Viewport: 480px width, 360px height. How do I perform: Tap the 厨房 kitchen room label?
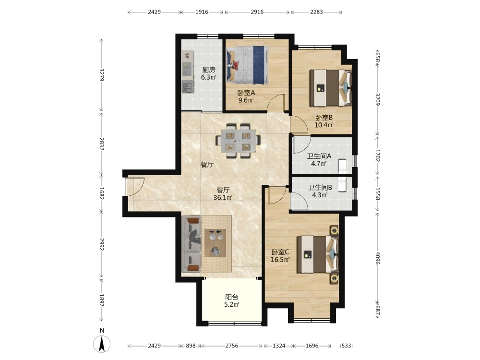click(209, 70)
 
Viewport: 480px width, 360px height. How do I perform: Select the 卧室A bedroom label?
click(246, 93)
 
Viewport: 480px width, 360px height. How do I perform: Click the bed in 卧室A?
click(248, 65)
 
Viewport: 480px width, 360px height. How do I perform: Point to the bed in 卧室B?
click(330, 88)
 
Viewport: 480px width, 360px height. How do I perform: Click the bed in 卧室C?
click(317, 254)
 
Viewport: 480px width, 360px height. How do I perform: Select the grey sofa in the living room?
click(191, 244)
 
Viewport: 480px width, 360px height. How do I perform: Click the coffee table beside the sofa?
click(216, 243)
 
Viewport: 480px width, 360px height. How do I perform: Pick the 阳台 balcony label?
click(232, 297)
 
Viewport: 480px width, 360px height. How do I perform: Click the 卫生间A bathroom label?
click(319, 156)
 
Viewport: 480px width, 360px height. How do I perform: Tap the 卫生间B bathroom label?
click(320, 187)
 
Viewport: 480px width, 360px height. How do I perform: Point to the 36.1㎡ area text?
click(223, 198)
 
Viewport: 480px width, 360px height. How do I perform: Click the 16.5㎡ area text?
click(280, 260)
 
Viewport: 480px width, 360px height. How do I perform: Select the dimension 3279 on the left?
click(102, 75)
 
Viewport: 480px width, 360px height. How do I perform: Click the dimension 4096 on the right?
click(377, 258)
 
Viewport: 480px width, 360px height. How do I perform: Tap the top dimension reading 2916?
click(257, 12)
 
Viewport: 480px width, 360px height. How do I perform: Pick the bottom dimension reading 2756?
click(232, 346)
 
